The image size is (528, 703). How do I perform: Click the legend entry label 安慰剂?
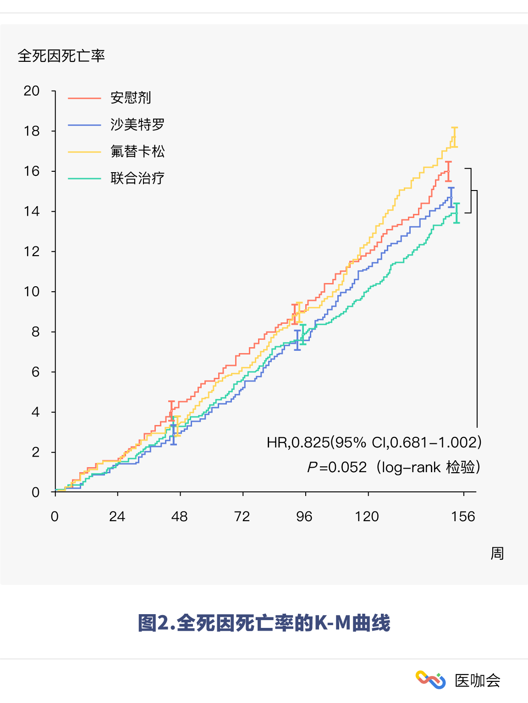pos(131,98)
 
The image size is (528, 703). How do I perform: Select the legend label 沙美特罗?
pos(137,125)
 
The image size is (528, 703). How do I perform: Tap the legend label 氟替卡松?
pos(137,151)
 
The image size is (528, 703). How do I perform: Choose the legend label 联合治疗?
pos(137,178)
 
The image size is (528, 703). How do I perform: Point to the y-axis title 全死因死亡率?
pos(61,56)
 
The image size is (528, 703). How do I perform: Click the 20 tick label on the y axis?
pos(32,91)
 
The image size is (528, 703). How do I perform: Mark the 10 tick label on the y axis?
pos(32,292)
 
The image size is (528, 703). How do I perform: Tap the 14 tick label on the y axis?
pos(32,212)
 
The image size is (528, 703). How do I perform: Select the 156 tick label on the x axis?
pos(463,517)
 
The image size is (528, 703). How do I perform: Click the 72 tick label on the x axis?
pos(242,517)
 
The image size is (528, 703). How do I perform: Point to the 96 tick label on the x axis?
pos(304,517)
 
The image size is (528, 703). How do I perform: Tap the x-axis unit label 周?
pos(497,553)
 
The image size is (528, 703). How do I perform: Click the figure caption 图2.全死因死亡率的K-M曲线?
pos(264,623)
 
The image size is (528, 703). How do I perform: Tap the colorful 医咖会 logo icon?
pos(430,680)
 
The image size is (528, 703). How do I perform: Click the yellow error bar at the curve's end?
pos(454,137)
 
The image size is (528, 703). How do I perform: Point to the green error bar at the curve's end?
pos(456,213)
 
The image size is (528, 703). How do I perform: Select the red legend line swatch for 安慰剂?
pos(84,98)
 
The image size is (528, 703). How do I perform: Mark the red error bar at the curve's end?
pos(448,171)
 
